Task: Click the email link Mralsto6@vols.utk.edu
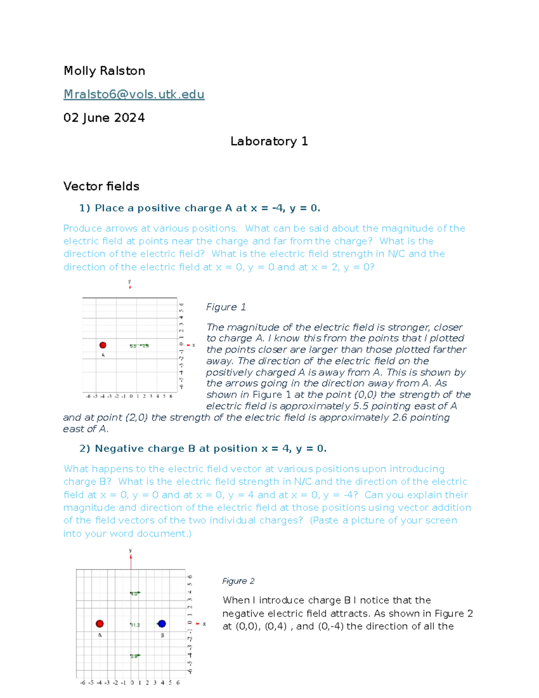134,94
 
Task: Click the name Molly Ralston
104,71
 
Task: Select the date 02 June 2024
104,118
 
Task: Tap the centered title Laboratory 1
269,141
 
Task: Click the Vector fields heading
102,186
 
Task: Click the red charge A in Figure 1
103,345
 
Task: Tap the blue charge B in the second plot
162,623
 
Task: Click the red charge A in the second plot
100,623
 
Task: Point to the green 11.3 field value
135,625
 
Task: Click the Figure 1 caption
226,307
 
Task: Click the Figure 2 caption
238,581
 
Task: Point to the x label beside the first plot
194,345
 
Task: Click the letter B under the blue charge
162,635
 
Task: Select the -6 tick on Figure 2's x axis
83,682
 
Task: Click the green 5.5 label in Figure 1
133,346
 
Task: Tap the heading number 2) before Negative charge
85,449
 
